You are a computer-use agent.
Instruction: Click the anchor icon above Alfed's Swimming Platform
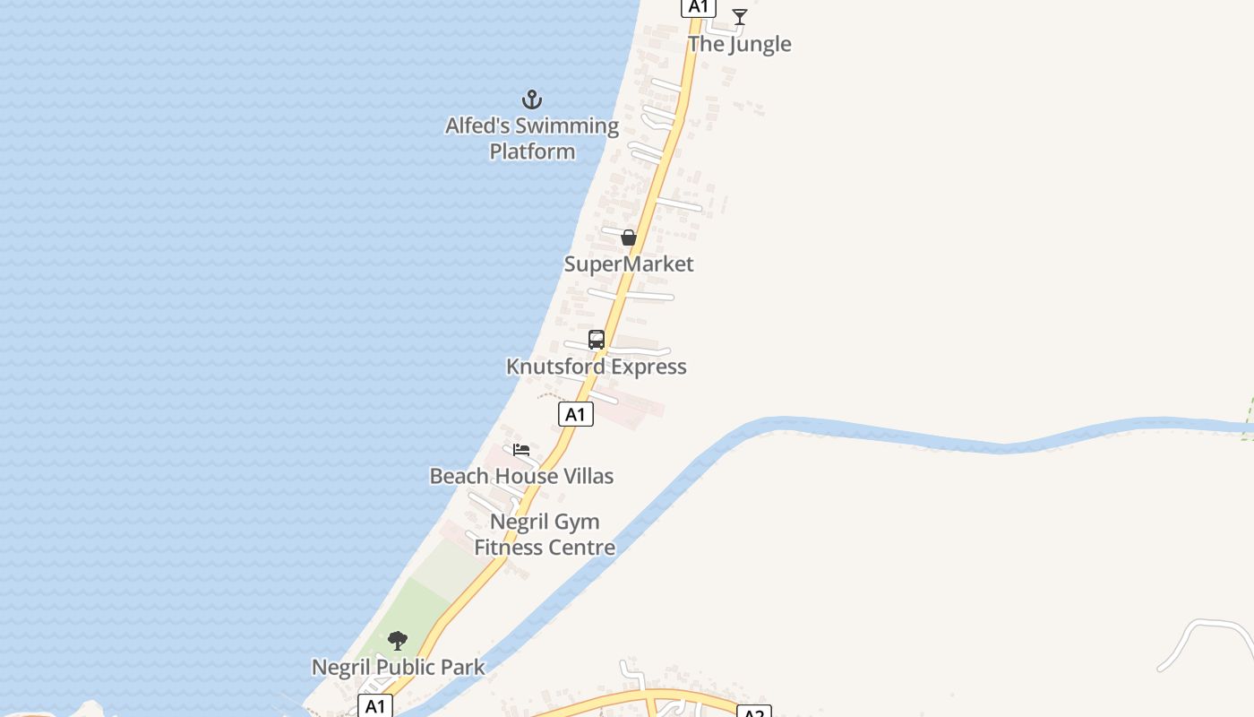(532, 99)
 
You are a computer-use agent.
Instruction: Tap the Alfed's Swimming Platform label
(532, 138)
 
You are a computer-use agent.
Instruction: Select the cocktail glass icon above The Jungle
(740, 17)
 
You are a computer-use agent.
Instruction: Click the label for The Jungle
(740, 44)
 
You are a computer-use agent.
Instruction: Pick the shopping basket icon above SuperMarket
(629, 238)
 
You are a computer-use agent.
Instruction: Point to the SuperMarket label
(629, 263)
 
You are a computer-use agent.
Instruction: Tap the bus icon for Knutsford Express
(597, 340)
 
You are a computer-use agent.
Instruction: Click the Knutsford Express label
(597, 367)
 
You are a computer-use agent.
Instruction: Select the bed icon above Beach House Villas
(521, 450)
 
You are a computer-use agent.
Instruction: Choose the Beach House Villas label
(521, 476)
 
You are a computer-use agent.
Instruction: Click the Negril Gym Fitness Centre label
(545, 534)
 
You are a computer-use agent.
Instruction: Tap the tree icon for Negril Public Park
(398, 641)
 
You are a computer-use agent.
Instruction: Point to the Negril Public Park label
(398, 668)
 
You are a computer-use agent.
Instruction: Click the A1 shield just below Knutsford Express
(576, 414)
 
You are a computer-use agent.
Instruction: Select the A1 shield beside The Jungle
(699, 7)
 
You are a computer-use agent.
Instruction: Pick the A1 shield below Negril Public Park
(375, 705)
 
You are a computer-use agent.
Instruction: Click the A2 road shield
(754, 712)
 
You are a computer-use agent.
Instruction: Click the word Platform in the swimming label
(532, 151)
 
